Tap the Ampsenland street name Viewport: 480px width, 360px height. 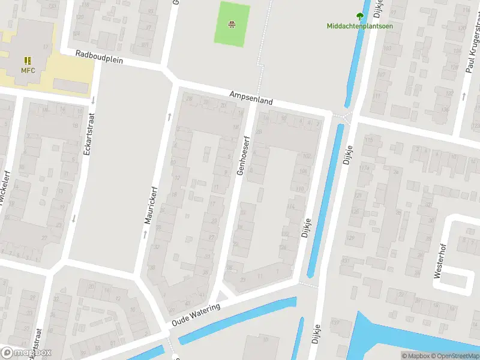251,98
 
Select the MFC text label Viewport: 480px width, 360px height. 28,71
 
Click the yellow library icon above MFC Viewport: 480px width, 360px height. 28,61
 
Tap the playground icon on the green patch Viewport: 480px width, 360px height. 232,25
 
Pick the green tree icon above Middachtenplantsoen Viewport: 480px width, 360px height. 360,17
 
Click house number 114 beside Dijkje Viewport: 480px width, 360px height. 292,207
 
